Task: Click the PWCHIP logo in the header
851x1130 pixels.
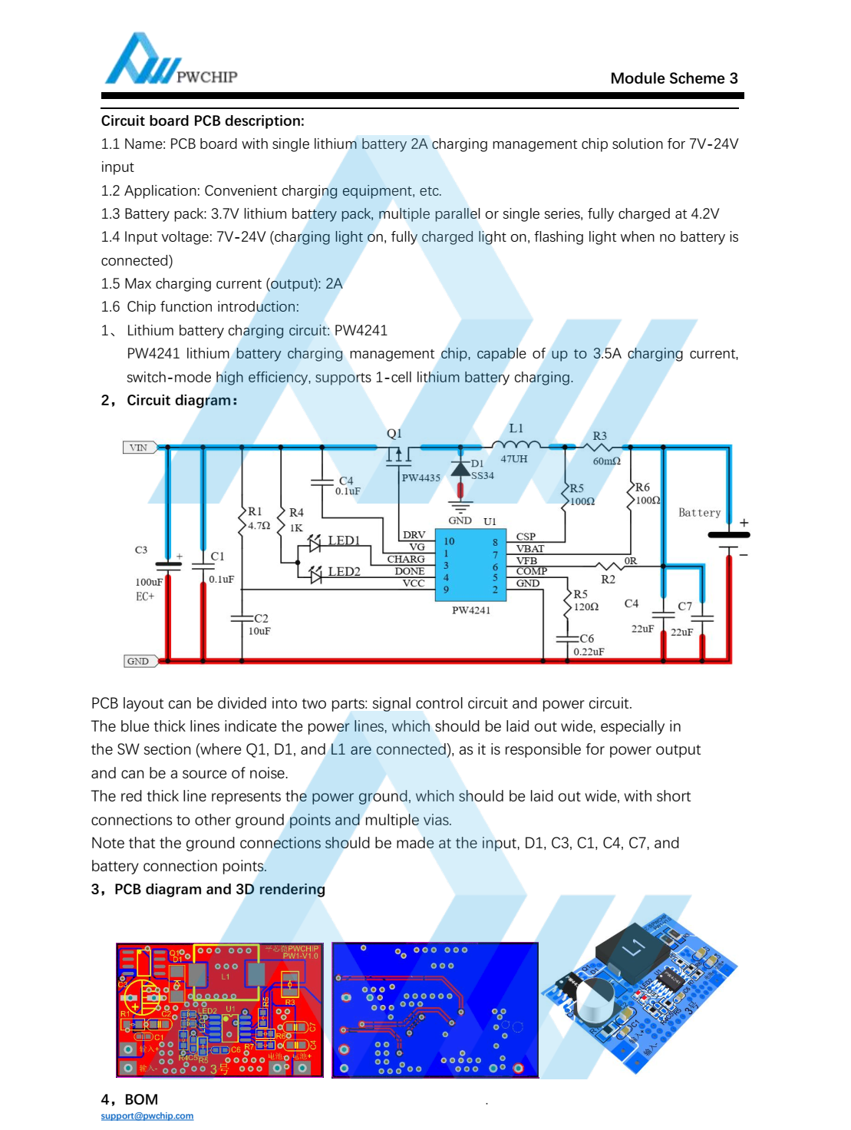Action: pyautogui.click(x=170, y=60)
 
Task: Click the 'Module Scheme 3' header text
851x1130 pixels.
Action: pyautogui.click(x=674, y=78)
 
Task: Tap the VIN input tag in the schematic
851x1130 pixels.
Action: pyautogui.click(x=140, y=448)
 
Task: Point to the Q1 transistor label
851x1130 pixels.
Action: pyautogui.click(x=394, y=434)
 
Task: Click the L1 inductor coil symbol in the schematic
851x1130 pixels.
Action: pyautogui.click(x=515, y=444)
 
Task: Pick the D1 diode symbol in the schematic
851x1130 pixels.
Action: pyautogui.click(x=460, y=470)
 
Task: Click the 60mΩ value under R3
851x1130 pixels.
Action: pyautogui.click(x=606, y=461)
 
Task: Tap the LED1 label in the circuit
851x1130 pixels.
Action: pyautogui.click(x=344, y=540)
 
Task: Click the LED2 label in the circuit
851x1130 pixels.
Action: pyautogui.click(x=344, y=572)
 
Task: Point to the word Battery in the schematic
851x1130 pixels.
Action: pyautogui.click(x=699, y=513)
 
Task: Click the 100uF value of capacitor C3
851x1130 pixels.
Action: pyautogui.click(x=149, y=582)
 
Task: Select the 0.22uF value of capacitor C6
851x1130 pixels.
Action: pyautogui.click(x=589, y=652)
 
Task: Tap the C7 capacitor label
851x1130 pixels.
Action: pyautogui.click(x=684, y=606)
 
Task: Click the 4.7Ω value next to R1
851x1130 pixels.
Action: pyautogui.click(x=259, y=526)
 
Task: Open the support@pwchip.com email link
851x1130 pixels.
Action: pyautogui.click(x=147, y=1116)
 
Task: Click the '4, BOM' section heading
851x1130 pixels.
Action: pyautogui.click(x=130, y=1099)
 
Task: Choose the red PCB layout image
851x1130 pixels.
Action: pyautogui.click(x=219, y=1010)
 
